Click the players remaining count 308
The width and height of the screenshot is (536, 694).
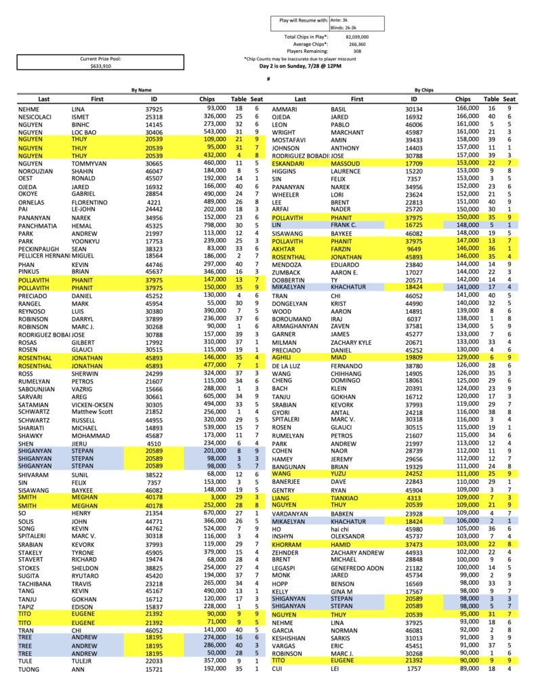357,51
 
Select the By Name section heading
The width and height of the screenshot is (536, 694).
142,89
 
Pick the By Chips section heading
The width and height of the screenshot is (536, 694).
424,89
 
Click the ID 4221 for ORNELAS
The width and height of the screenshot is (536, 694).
154,202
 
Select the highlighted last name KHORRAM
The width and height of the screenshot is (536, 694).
287,544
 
